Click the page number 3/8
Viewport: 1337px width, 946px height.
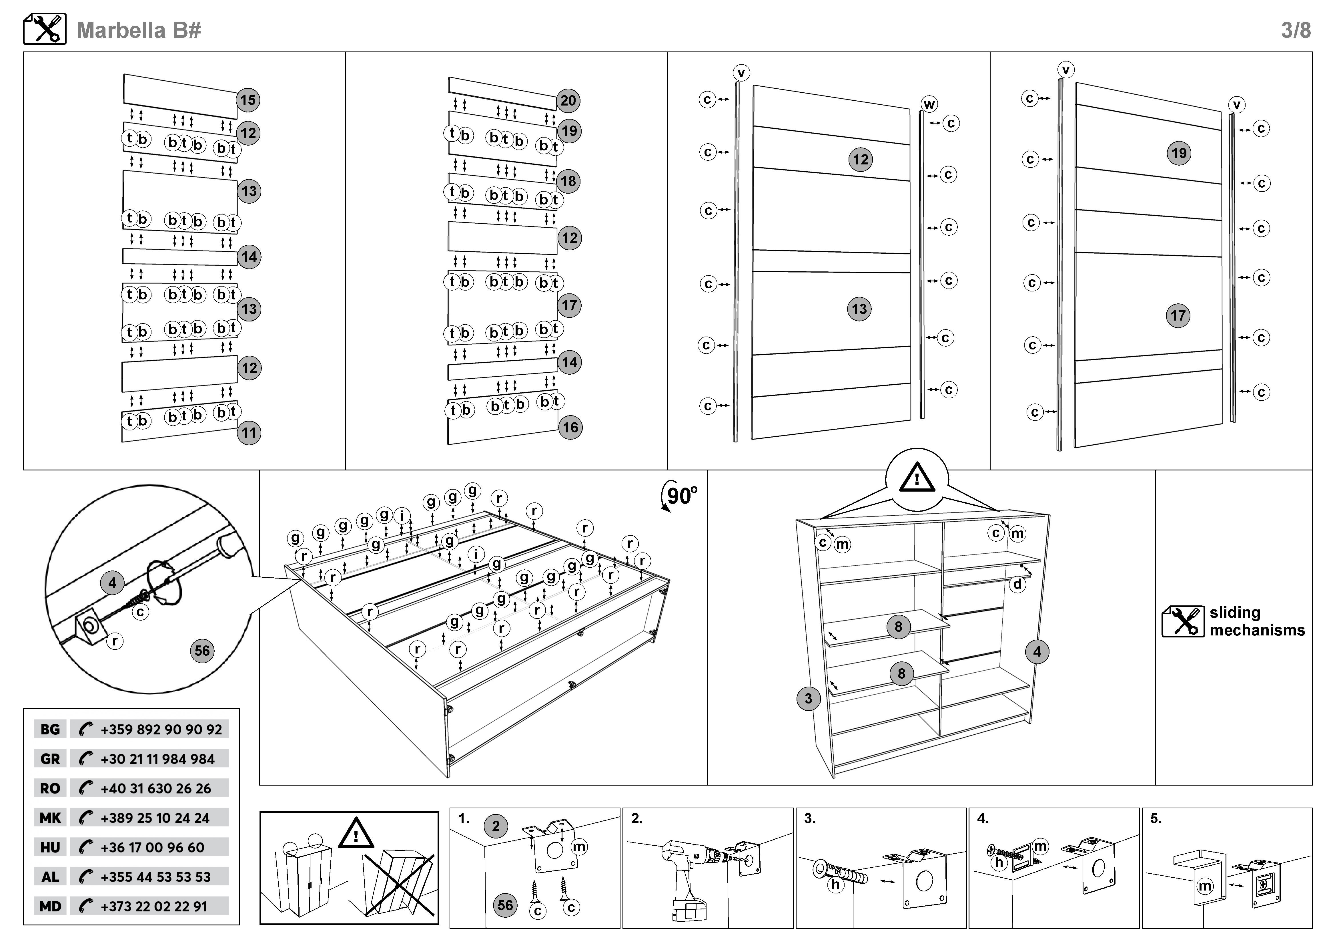click(x=1296, y=30)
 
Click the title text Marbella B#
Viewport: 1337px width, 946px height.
click(x=139, y=30)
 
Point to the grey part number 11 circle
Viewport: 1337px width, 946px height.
click(x=249, y=433)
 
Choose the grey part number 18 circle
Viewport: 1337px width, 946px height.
click(x=568, y=181)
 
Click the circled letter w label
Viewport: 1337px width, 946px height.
click(x=929, y=104)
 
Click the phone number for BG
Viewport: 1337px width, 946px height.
click(x=161, y=729)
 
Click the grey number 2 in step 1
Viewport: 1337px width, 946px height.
click(x=496, y=826)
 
